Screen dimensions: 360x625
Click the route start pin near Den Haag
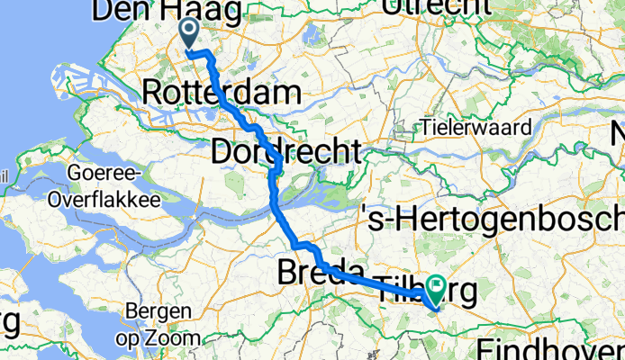pos(190,34)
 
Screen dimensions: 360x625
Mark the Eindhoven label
pos(551,347)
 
